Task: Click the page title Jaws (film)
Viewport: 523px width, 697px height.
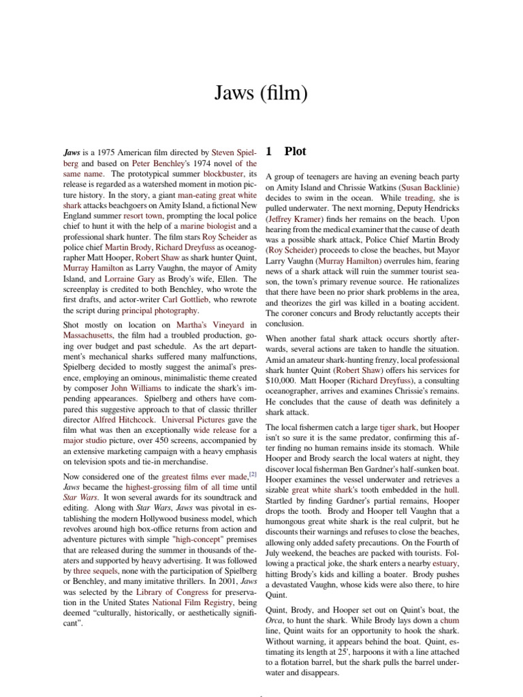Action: click(261, 93)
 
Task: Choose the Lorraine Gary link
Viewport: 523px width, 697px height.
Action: click(129, 278)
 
